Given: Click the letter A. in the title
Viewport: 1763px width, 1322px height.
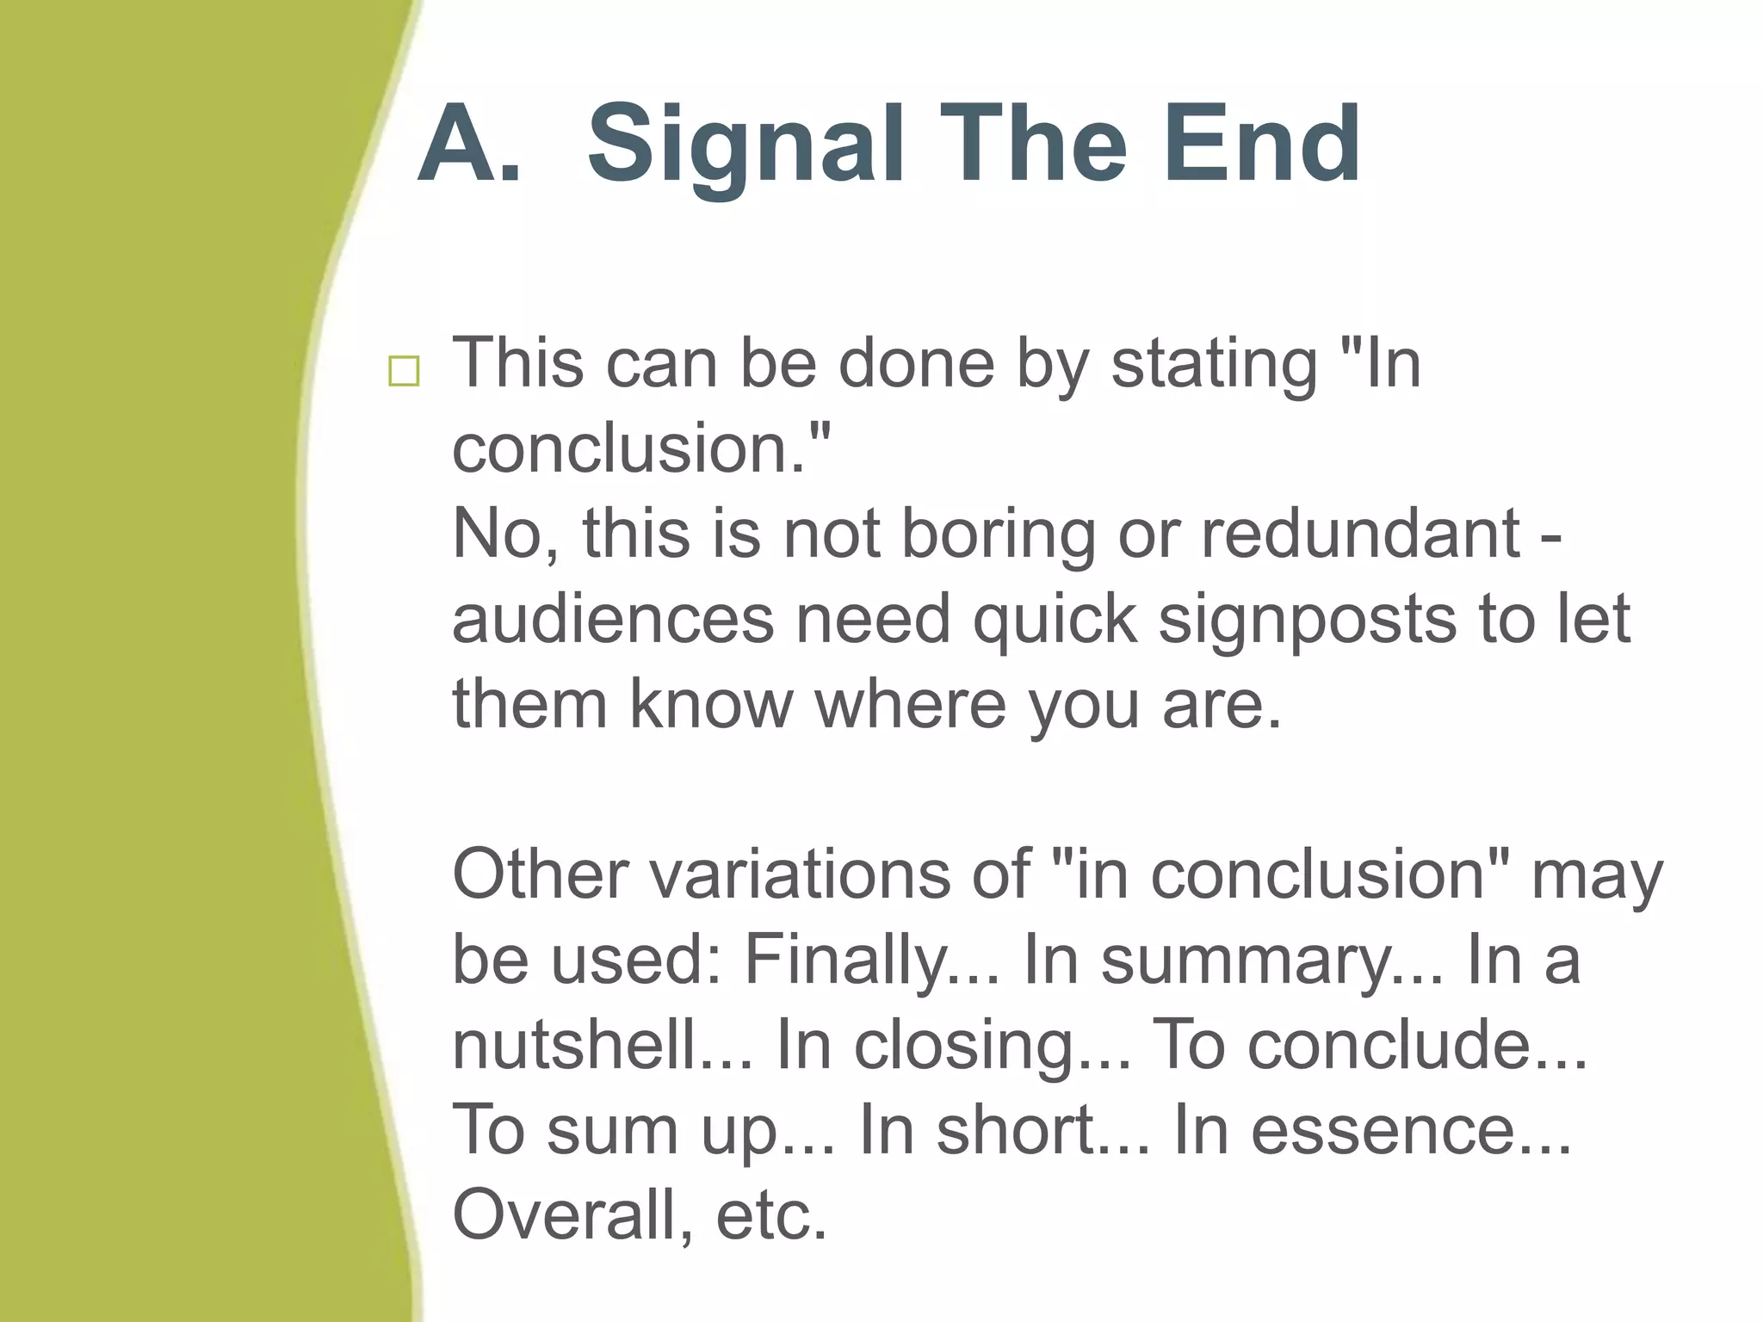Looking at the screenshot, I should [469, 144].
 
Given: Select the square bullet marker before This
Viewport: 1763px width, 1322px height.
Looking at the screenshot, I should [404, 371].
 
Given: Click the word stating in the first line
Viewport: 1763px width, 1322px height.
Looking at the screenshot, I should [1214, 364].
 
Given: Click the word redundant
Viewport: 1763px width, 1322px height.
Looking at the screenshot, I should [1360, 534].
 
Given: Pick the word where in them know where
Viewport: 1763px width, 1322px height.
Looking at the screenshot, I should [910, 704].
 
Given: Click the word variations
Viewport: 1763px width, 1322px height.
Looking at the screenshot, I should [788, 874].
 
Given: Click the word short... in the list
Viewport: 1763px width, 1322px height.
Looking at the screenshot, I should [1042, 1130].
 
